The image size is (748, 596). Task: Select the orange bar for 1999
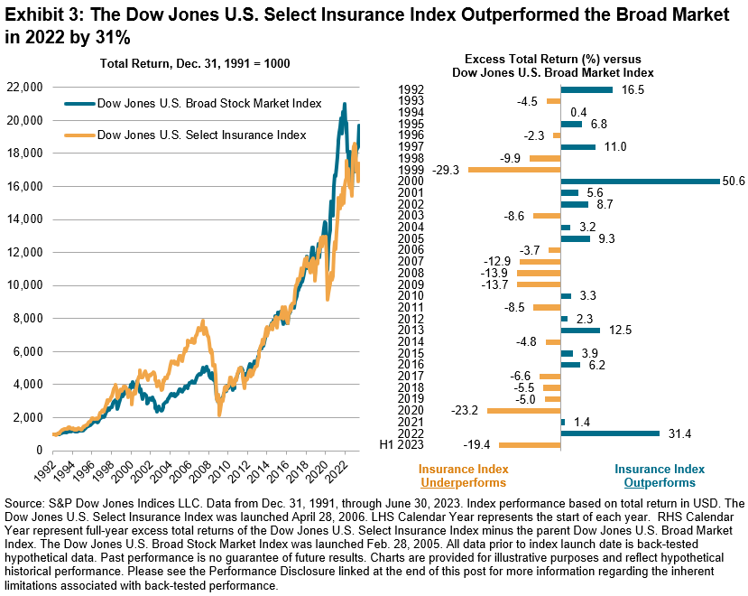[x=514, y=169]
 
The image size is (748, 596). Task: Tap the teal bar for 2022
[x=610, y=433]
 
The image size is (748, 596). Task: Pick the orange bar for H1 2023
[x=530, y=445]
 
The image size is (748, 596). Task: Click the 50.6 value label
[x=734, y=181]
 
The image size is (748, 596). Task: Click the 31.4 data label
[x=678, y=433]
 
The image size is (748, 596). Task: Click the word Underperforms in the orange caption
[x=462, y=483]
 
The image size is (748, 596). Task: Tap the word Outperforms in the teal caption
[x=659, y=483]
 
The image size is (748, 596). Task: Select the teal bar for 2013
[x=580, y=330]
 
